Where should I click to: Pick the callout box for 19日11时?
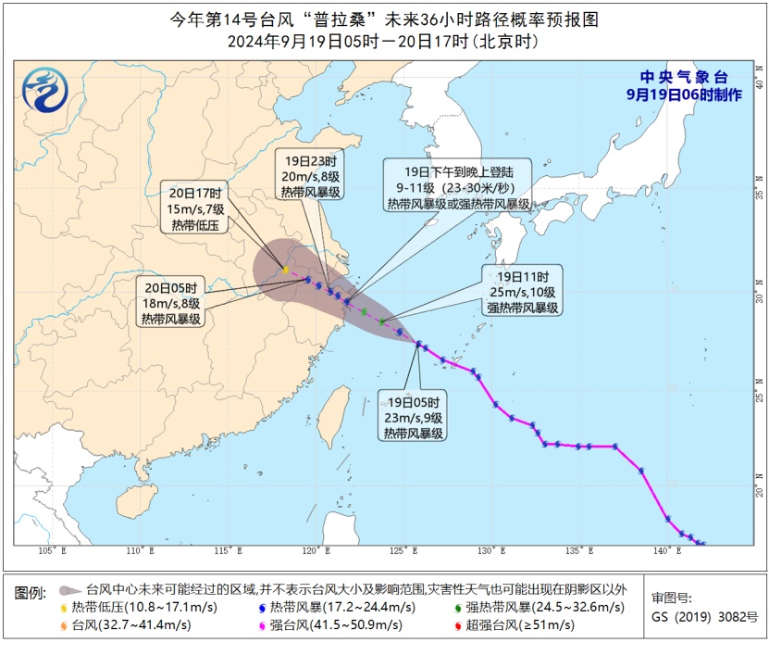coord(523,292)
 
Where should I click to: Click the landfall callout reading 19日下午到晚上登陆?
coord(457,187)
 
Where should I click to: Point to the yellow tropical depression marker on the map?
coord(285,271)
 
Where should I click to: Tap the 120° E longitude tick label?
coord(316,551)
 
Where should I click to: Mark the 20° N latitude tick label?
coord(759,492)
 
